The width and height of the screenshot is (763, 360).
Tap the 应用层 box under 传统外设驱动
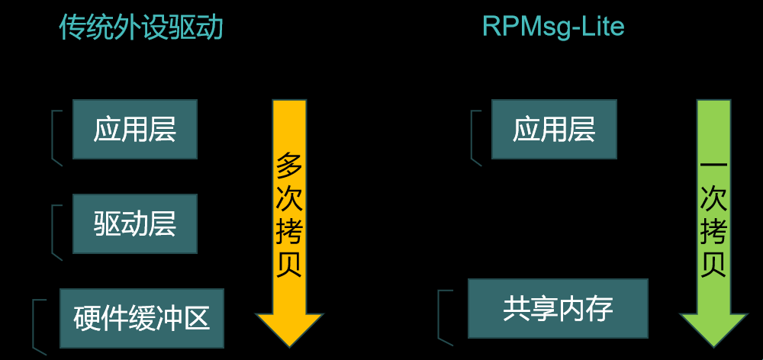click(135, 129)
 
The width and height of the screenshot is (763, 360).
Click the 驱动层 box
click(135, 223)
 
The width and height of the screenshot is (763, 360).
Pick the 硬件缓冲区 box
click(142, 318)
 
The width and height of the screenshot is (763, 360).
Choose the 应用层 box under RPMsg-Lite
click(554, 129)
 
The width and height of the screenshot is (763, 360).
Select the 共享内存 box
click(558, 309)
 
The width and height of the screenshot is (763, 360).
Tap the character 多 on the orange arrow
click(290, 165)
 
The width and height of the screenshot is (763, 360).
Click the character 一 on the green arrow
click(713, 165)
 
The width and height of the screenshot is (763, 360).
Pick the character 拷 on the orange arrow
click(290, 231)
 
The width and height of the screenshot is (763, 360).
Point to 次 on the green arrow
click(713, 198)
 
